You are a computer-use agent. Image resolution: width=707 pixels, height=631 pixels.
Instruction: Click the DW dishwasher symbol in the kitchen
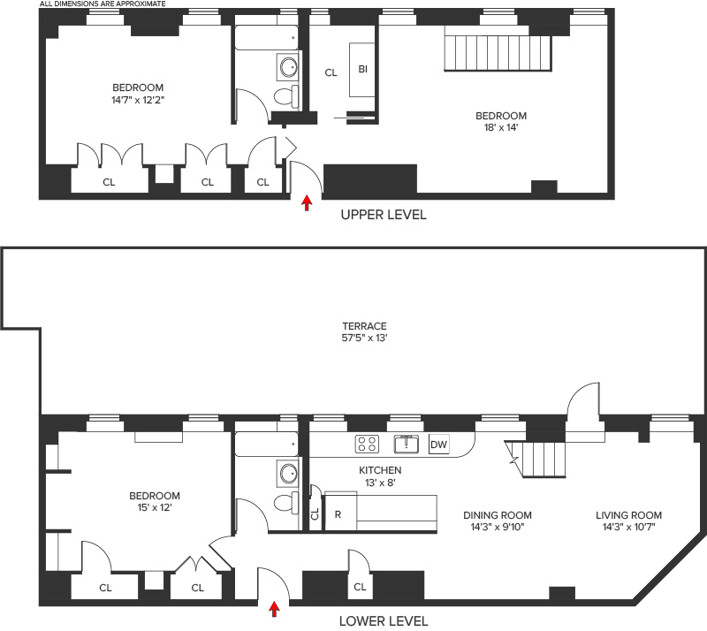[x=438, y=445]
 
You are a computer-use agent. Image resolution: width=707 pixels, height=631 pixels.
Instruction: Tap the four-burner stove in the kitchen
[x=367, y=444]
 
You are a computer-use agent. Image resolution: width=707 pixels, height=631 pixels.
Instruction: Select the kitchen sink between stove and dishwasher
[x=407, y=444]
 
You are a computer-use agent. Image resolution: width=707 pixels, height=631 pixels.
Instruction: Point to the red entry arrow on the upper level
[x=307, y=202]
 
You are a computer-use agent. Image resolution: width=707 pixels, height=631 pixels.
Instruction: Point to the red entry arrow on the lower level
[x=274, y=608]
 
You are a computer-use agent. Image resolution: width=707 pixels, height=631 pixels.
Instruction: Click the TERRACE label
[x=364, y=325]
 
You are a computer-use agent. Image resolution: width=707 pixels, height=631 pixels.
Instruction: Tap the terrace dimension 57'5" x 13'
[x=364, y=338]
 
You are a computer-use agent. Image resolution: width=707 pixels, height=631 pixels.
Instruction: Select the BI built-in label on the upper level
[x=363, y=69]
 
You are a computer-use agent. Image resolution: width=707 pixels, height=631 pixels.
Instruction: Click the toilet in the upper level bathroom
[x=286, y=96]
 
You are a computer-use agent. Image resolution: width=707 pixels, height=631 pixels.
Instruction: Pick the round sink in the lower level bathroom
[x=288, y=474]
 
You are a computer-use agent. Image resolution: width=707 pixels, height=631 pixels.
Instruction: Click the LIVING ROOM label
[x=628, y=515]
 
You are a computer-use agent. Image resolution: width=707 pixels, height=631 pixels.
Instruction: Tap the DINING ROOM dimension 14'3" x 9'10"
[x=498, y=527]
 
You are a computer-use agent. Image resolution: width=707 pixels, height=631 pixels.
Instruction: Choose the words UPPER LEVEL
[x=384, y=215]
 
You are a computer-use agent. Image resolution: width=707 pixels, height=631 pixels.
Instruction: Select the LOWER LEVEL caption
[x=384, y=621]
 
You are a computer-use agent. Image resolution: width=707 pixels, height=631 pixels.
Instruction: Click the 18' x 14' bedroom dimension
[x=501, y=127]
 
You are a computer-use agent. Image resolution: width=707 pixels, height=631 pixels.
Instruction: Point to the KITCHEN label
[x=380, y=470]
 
